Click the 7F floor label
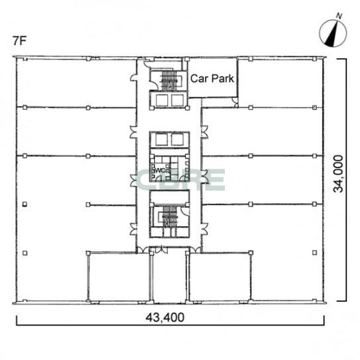[19, 41]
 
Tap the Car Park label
[212, 79]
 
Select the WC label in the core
[161, 171]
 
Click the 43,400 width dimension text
[165, 318]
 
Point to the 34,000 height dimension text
[338, 174]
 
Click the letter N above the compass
[339, 16]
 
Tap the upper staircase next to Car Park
[169, 80]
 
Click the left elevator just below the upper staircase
[161, 101]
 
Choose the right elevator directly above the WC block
[177, 140]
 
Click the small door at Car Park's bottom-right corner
[235, 102]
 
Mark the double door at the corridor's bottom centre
[161, 249]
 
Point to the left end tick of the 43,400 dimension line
[17, 320]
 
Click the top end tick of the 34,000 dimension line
[342, 59]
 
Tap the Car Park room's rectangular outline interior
[212, 77]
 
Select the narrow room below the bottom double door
[169, 277]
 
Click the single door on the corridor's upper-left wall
[134, 78]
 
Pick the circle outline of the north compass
[320, 33]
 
